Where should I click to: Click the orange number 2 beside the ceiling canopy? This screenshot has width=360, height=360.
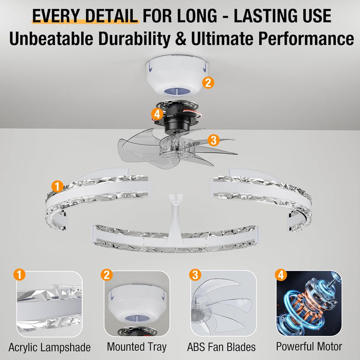coord(208,82)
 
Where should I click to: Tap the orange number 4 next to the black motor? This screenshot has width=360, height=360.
coord(157,114)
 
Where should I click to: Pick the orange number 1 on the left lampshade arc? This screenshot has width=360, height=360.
coord(58,186)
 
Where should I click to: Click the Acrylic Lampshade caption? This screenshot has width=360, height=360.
coord(50,347)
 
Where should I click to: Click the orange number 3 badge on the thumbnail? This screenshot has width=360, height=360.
coord(194,275)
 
